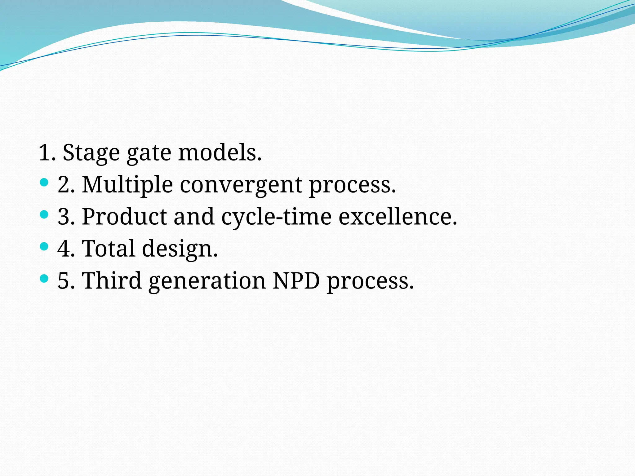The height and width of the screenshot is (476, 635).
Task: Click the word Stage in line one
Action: [91, 153]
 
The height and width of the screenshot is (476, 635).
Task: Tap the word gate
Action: [149, 154]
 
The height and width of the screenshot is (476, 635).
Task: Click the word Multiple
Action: [127, 185]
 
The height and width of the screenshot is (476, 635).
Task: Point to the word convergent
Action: [241, 186]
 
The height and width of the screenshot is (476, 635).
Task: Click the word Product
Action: [124, 217]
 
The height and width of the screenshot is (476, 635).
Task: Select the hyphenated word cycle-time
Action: [276, 217]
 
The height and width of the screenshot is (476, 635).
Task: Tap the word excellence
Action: [397, 217]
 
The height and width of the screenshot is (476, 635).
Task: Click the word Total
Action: [108, 249]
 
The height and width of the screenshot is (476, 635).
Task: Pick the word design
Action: [180, 249]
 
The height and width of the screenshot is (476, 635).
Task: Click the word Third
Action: [112, 280]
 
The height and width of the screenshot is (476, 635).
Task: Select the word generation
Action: [207, 281]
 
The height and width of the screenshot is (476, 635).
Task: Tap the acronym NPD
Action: [296, 280]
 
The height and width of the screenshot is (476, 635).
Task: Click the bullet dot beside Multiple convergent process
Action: [44, 182]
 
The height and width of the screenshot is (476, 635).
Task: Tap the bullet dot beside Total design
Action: [44, 246]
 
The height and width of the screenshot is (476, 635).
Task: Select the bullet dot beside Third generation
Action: [44, 278]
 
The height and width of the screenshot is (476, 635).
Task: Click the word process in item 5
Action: [370, 281]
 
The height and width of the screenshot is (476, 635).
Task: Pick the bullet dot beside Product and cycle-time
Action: [44, 214]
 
